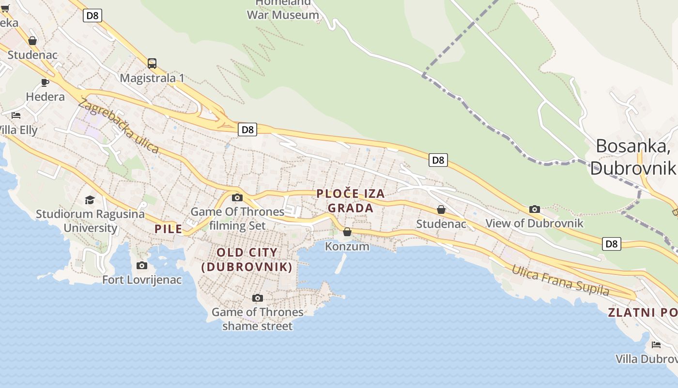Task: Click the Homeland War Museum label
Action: click(x=283, y=10)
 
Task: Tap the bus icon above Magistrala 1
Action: click(x=152, y=64)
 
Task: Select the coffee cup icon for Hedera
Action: click(x=45, y=82)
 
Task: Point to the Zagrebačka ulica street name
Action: click(x=118, y=126)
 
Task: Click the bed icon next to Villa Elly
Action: click(x=16, y=115)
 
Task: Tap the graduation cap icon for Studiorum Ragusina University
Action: click(x=90, y=200)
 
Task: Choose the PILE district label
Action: click(x=169, y=229)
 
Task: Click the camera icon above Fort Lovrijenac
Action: click(x=142, y=265)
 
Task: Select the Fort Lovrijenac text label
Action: click(x=142, y=280)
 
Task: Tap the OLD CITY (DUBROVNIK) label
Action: click(x=247, y=259)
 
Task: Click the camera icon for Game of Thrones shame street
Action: click(x=258, y=298)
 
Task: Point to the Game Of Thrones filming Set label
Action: click(x=237, y=218)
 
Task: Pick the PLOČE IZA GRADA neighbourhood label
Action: click(x=351, y=201)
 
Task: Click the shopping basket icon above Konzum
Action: click(x=347, y=232)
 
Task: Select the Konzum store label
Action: click(x=347, y=246)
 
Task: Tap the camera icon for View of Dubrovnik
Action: click(x=535, y=210)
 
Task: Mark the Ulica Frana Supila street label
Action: click(x=560, y=280)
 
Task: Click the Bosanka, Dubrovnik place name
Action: click(x=633, y=156)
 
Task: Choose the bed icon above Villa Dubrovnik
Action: click(x=656, y=345)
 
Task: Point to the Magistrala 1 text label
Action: click(x=152, y=78)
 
